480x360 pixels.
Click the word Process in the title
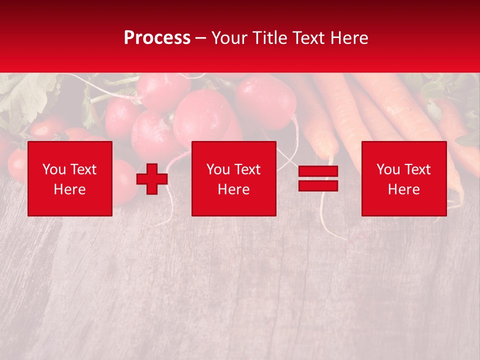point(157,38)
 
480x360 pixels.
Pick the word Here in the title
point(350,38)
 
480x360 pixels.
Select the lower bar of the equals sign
point(318,185)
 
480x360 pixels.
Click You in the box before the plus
point(54,169)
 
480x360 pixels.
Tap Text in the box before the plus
point(83,169)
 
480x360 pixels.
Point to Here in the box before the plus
point(70,189)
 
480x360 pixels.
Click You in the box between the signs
point(218,169)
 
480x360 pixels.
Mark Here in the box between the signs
point(233,189)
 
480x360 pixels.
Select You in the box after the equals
point(388,169)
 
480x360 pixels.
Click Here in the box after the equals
point(403,189)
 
